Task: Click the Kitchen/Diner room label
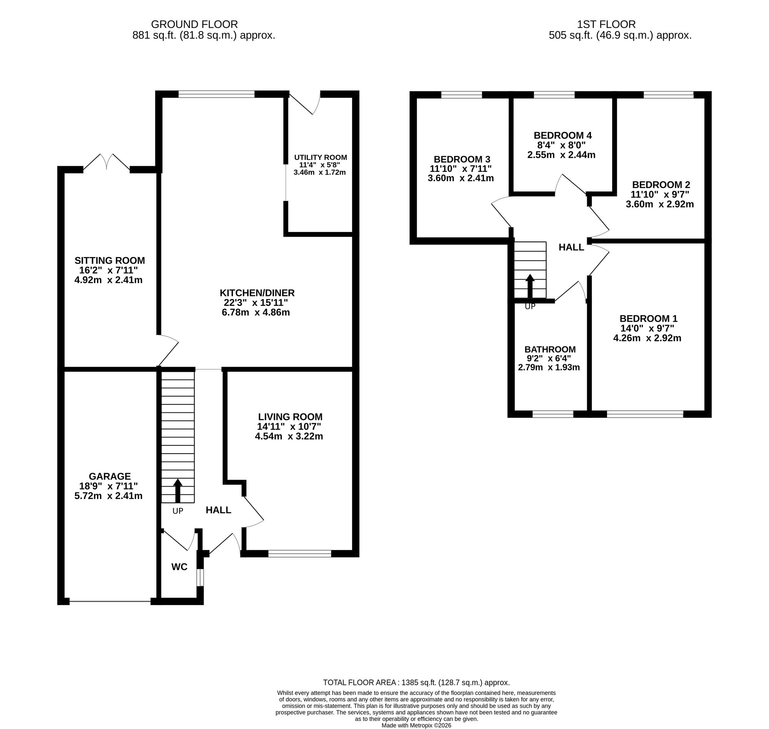click(257, 293)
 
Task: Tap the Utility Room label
click(320, 157)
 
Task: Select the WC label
click(180, 567)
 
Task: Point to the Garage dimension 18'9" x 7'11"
click(109, 486)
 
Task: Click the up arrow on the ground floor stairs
click(178, 490)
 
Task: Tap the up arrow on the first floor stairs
click(530, 286)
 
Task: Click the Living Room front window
click(300, 554)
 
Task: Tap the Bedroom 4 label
click(563, 135)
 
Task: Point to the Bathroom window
click(553, 414)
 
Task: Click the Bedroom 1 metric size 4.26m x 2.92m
click(647, 338)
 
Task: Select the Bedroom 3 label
click(462, 159)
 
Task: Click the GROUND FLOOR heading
click(194, 25)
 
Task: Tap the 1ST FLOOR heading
click(606, 25)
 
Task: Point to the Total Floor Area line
click(416, 682)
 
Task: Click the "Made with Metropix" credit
click(416, 725)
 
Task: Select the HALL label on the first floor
click(571, 247)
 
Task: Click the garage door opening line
click(110, 602)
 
